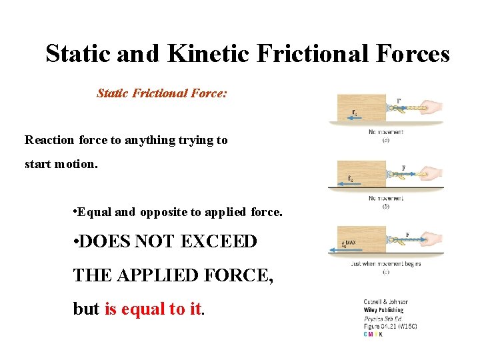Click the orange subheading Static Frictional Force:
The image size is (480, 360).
(x=162, y=93)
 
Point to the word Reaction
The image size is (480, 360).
(x=50, y=140)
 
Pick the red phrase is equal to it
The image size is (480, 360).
(x=153, y=309)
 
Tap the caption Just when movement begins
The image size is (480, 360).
(x=385, y=264)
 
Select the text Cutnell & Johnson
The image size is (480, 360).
(x=386, y=302)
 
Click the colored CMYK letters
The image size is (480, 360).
(x=373, y=334)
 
